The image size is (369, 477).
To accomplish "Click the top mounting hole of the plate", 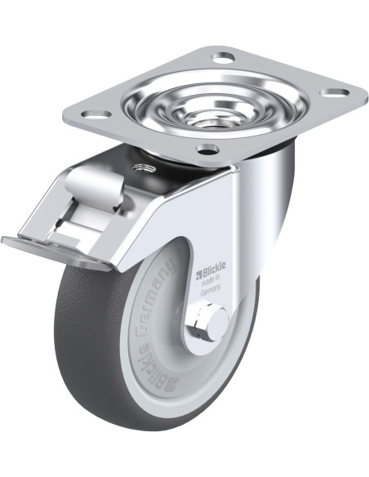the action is (x=224, y=57).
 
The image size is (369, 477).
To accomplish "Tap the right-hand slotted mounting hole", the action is (x=335, y=92).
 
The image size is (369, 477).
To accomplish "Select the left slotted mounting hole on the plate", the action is (x=96, y=114).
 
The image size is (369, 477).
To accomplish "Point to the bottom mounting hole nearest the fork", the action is (x=207, y=149).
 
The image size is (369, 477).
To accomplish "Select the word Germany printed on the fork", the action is (x=211, y=288).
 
